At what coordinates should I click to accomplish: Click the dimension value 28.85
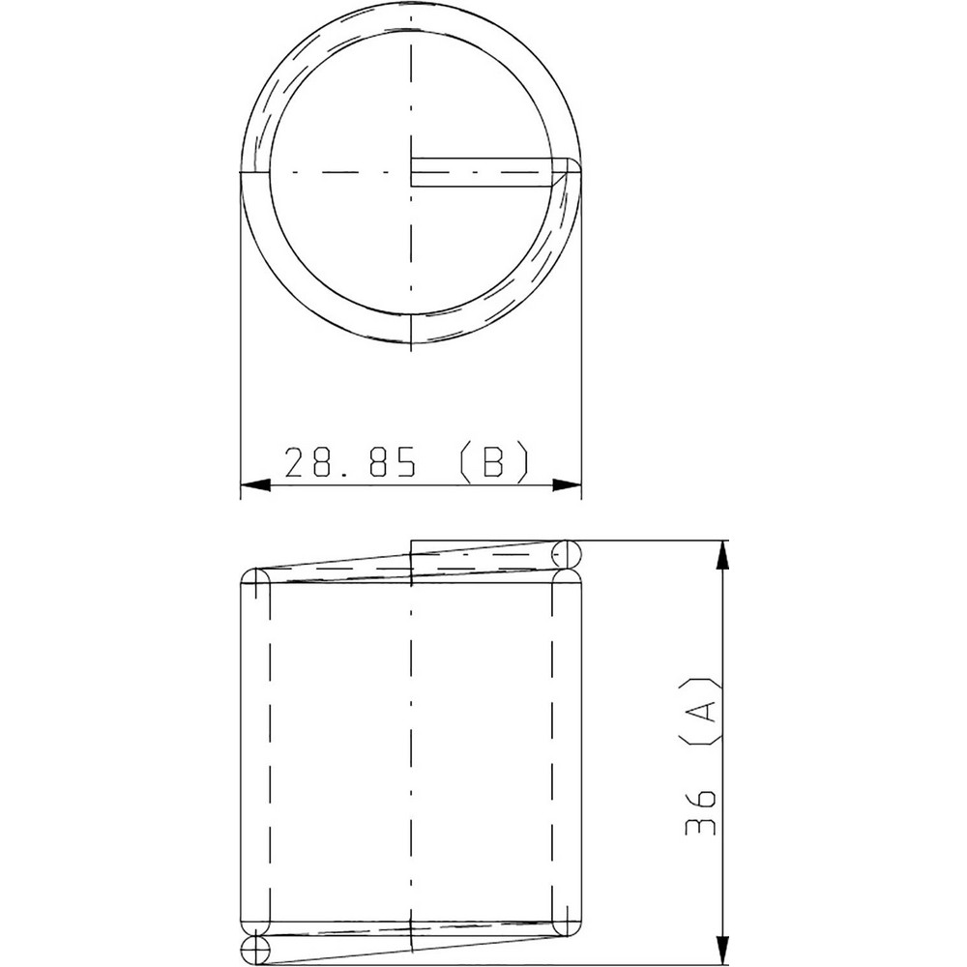(x=350, y=463)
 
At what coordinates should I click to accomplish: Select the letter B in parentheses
(x=493, y=463)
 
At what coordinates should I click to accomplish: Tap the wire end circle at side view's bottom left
(x=253, y=950)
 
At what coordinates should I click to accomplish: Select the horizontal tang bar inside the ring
(x=483, y=172)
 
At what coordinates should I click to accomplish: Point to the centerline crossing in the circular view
(x=411, y=174)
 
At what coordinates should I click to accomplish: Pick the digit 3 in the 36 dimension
(x=701, y=830)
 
